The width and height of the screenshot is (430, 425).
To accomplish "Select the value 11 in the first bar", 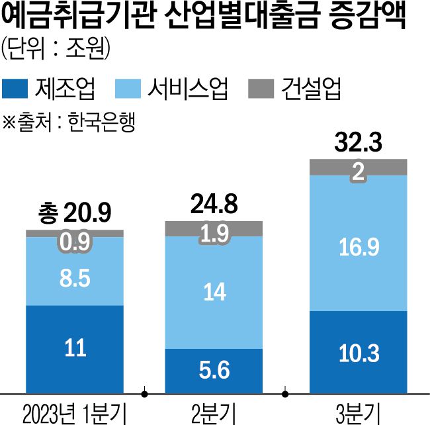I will point(75,349).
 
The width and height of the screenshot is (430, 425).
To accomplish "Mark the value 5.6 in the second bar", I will point(214,370).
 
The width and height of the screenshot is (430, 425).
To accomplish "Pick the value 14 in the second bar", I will point(214,291).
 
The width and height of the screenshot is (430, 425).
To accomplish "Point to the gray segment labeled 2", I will point(358,171).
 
